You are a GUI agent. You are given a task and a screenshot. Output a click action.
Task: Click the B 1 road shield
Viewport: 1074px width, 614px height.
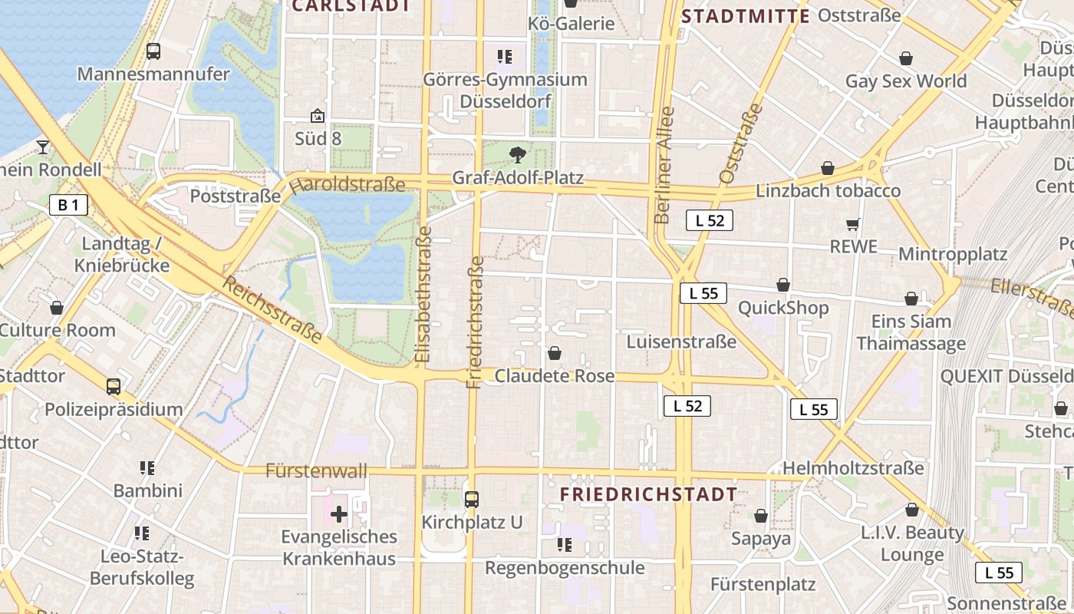68,205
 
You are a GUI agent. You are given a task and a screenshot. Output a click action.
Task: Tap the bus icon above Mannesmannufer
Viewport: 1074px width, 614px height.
153,51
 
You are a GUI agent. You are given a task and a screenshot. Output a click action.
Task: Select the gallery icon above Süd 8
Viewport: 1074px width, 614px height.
318,116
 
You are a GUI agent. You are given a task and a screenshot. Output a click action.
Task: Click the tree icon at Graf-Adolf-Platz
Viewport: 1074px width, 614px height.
518,155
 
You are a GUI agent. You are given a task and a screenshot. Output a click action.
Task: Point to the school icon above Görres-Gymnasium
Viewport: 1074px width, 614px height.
504,56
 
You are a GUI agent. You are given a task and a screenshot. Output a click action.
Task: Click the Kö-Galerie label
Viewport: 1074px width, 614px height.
572,24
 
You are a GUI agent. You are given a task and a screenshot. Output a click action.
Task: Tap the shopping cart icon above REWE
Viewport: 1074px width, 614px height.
852,224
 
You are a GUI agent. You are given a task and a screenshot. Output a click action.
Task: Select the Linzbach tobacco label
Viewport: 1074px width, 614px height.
829,190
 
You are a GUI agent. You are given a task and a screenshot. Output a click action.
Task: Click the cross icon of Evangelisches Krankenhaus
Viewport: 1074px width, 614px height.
338,514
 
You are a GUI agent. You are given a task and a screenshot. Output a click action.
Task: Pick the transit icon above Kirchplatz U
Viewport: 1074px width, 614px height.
472,500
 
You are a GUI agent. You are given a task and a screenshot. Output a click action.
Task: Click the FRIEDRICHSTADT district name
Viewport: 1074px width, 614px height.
649,495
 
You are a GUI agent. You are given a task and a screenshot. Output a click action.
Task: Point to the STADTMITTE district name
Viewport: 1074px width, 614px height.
746,16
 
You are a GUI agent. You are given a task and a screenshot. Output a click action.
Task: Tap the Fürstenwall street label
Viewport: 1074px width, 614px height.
316,470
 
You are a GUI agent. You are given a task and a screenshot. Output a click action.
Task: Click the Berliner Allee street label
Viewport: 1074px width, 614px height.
664,164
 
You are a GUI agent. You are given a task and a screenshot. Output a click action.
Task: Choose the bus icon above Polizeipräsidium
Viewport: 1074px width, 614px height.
114,387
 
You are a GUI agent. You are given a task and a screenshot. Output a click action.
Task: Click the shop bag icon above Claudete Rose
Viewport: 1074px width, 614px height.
555,353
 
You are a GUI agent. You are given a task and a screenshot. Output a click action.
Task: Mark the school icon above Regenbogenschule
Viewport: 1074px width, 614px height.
565,545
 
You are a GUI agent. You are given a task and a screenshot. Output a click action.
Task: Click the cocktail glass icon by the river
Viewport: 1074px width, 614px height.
43,147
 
